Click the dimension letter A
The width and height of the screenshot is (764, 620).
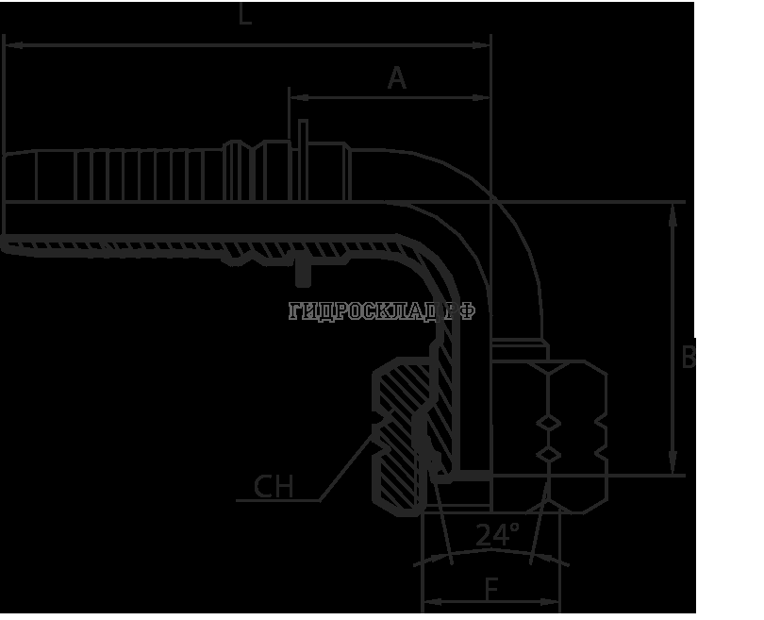click(397, 79)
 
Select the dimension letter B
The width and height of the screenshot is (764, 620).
click(689, 357)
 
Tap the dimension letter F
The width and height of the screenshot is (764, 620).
click(491, 589)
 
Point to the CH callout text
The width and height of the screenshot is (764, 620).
click(274, 487)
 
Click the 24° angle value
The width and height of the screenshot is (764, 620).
click(496, 536)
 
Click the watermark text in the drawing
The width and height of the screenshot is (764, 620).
click(382, 310)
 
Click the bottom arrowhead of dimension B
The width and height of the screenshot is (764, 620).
click(671, 469)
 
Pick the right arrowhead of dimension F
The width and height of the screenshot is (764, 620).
click(557, 600)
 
